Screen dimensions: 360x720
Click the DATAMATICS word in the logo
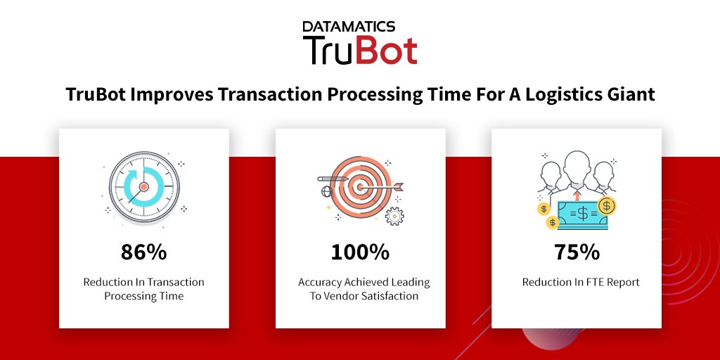coord(348,27)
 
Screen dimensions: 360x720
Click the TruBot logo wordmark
coord(360,51)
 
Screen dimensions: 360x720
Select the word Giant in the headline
coord(633,94)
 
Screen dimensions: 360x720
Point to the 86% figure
coord(143,252)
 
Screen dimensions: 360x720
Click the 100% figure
coord(360,252)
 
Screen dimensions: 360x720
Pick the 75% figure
coord(576,252)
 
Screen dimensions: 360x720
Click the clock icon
coord(143,187)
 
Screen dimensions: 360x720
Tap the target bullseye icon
coord(359,186)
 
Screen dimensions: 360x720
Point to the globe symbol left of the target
coord(326,191)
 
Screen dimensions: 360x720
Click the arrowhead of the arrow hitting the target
coord(401,186)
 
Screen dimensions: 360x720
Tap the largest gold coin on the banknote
coord(607,205)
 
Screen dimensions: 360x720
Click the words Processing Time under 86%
coord(143,296)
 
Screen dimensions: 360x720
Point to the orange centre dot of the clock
coord(143,187)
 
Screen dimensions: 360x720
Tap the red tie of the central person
coord(577,195)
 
